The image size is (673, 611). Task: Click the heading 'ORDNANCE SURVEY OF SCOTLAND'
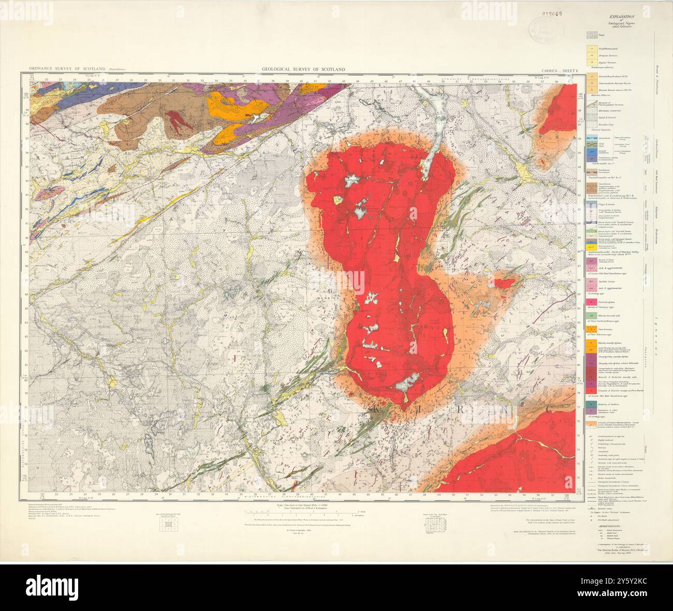[x=67, y=69]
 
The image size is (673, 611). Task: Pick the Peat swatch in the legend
[x=592, y=35]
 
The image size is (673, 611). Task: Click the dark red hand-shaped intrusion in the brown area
[x=177, y=121]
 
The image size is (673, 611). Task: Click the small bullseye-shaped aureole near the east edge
[x=542, y=161]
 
